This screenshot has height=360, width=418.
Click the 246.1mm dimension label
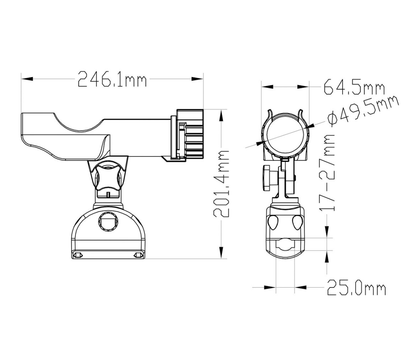pos(112,79)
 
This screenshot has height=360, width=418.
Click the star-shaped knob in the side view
pos(108,177)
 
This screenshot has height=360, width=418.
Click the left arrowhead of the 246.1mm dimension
pos(27,79)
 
